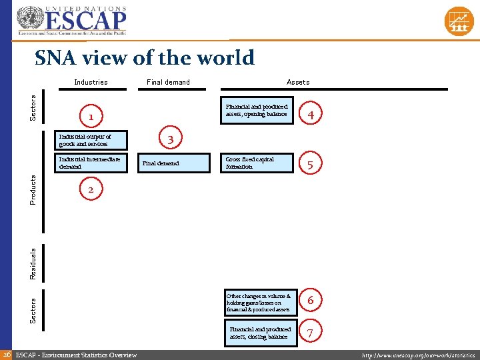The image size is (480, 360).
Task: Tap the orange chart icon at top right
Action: [459, 21]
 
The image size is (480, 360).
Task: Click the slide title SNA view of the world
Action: [145, 58]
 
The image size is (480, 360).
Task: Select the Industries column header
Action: [91, 82]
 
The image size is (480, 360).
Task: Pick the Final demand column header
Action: [169, 82]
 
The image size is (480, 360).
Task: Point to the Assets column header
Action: [298, 82]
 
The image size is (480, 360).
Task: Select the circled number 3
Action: [171, 139]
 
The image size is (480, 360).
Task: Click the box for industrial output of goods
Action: [90, 140]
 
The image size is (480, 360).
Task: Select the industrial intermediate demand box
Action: [90, 163]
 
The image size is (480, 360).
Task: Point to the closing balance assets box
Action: [260, 333]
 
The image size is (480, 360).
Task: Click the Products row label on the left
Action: [34, 190]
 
